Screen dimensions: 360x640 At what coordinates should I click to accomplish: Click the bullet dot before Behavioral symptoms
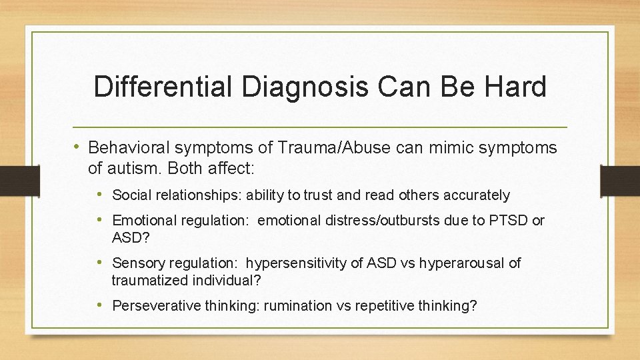coord(78,147)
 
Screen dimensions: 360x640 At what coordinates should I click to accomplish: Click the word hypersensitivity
coord(311,263)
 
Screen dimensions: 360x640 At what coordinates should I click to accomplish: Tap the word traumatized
coord(147,281)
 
